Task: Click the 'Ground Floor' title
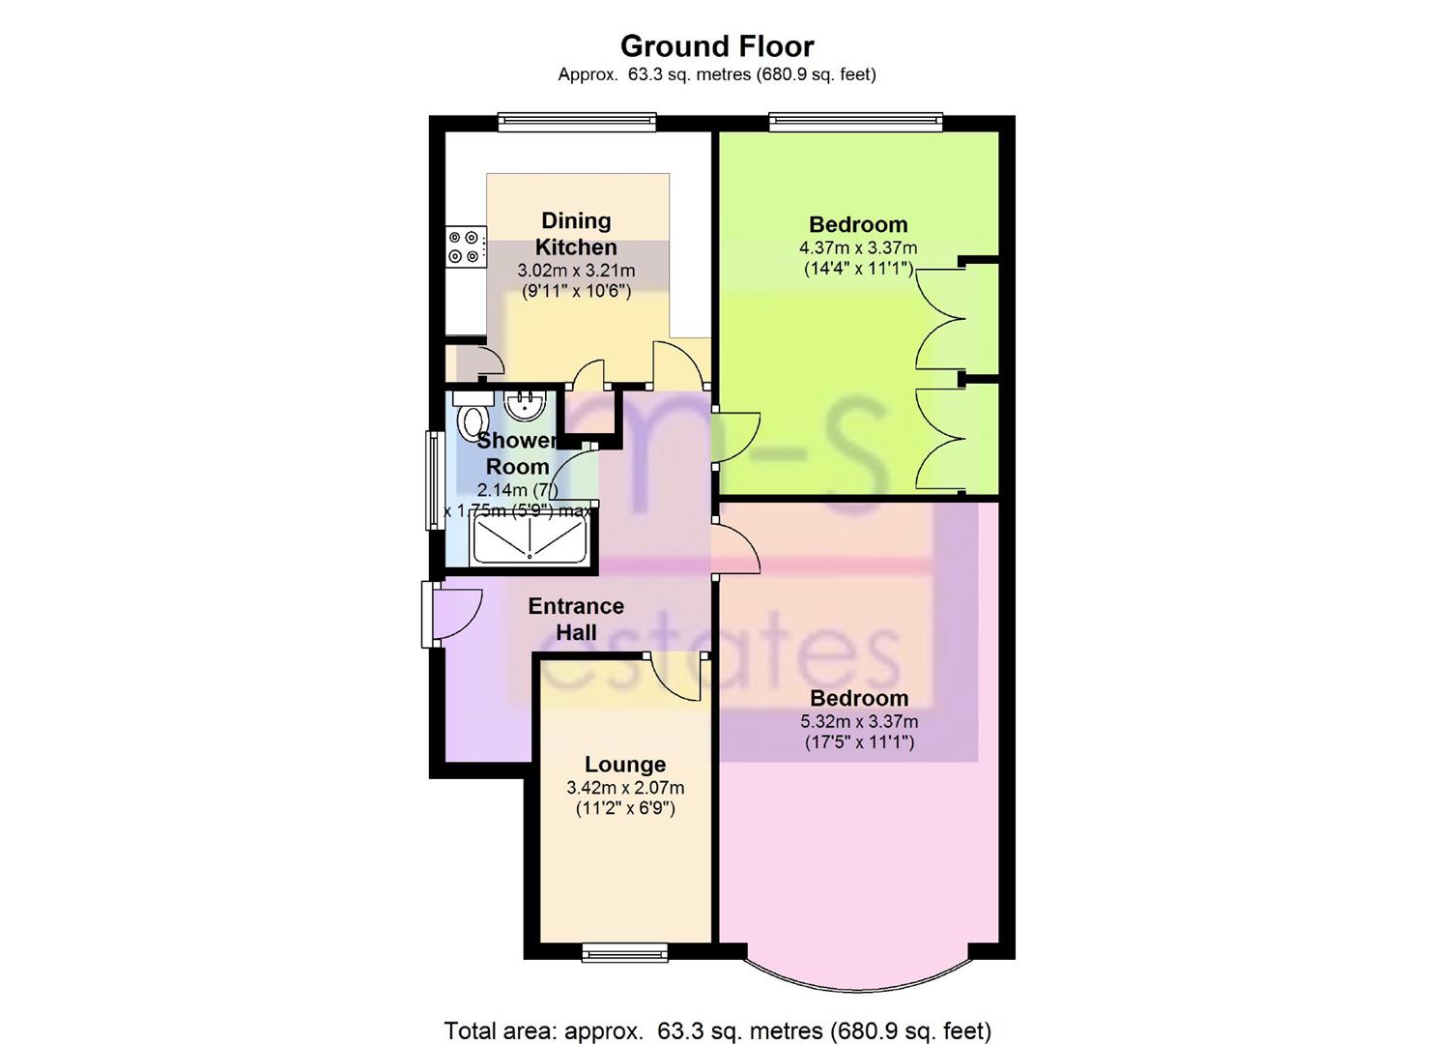(x=716, y=45)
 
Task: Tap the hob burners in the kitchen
(x=464, y=246)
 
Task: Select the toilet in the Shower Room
(x=474, y=421)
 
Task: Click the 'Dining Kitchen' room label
(x=576, y=234)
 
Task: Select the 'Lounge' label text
(x=624, y=765)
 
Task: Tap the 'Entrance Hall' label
(x=576, y=619)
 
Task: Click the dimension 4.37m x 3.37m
(x=858, y=247)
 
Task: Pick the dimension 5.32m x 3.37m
(x=858, y=721)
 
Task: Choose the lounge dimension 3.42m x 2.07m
(x=624, y=788)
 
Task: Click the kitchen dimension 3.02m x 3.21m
(x=576, y=271)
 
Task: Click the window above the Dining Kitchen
(x=577, y=122)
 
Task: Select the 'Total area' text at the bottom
(x=717, y=1030)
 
